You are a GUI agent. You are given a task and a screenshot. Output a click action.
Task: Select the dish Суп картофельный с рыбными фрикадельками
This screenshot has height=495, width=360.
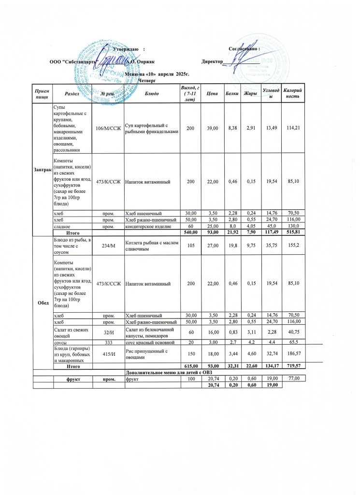(152, 128)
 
